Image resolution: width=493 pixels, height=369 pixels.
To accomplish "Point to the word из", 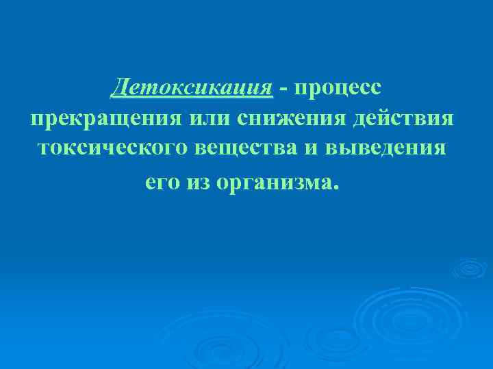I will pos(199,182).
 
